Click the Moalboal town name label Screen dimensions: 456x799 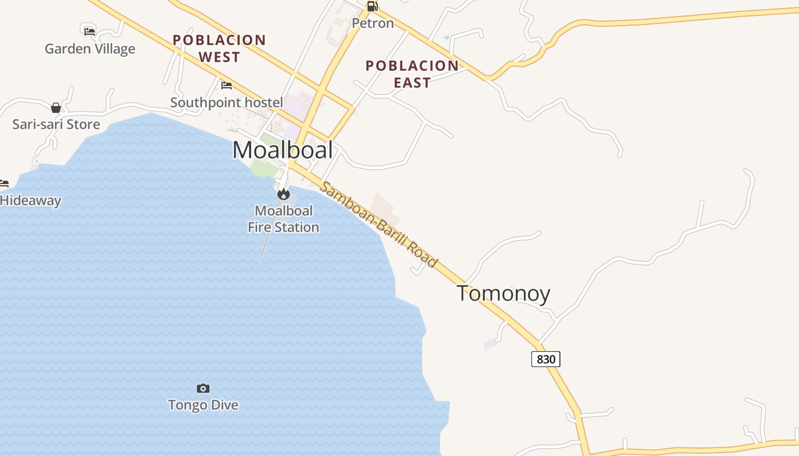[x=283, y=150]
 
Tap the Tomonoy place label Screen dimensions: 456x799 [x=503, y=294]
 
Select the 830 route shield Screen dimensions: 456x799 [x=546, y=359]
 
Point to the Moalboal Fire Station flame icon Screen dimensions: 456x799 [x=283, y=194]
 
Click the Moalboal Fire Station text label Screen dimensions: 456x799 [x=283, y=219]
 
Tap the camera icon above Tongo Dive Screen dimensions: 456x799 [x=203, y=388]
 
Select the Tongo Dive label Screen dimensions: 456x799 [x=203, y=405]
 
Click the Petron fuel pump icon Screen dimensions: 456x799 [x=372, y=6]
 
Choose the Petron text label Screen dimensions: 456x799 [x=373, y=23]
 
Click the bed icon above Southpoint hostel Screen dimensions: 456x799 [x=227, y=85]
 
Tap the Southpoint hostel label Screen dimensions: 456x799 [x=227, y=103]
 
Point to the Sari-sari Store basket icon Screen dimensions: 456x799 [x=56, y=108]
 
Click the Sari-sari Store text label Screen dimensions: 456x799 [x=56, y=124]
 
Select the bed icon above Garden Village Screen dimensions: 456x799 [x=90, y=31]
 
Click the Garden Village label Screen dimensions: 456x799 [x=90, y=49]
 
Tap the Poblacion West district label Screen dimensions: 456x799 [x=220, y=48]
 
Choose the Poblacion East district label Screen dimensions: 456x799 [x=412, y=74]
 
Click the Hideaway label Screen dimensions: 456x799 [x=30, y=201]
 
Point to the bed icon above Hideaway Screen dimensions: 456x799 [x=4, y=184]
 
